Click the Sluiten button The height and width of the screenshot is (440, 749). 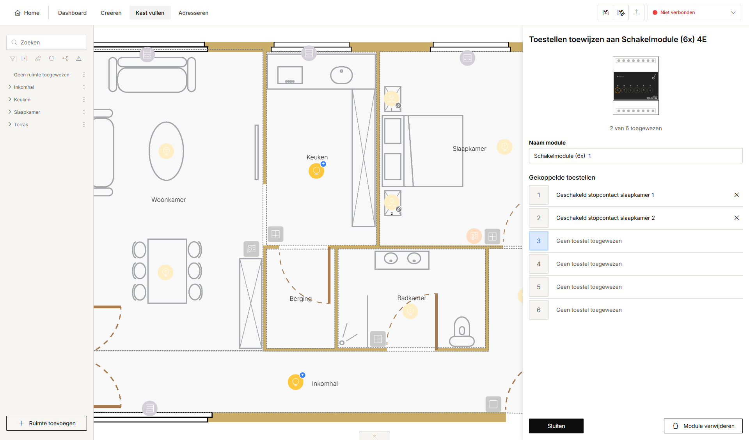pyautogui.click(x=556, y=426)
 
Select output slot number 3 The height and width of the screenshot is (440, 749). pyautogui.click(x=539, y=241)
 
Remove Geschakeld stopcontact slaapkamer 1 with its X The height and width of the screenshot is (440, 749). pyautogui.click(x=737, y=195)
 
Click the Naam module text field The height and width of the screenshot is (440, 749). pyautogui.click(x=635, y=156)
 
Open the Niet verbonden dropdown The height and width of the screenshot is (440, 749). pyautogui.click(x=694, y=12)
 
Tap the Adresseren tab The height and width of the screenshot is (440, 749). pyautogui.click(x=193, y=13)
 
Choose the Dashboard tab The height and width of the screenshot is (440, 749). pyautogui.click(x=72, y=13)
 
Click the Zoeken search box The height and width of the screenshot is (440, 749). pyautogui.click(x=46, y=42)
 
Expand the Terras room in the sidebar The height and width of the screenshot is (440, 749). pyautogui.click(x=10, y=124)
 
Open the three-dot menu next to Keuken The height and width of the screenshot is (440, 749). pyautogui.click(x=84, y=99)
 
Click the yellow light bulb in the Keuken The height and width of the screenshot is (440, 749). pyautogui.click(x=316, y=171)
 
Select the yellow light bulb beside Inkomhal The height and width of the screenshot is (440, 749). pyautogui.click(x=296, y=382)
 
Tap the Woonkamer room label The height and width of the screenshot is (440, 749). pyautogui.click(x=169, y=200)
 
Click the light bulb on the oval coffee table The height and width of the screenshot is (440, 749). pyautogui.click(x=166, y=151)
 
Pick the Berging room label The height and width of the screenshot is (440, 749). pyautogui.click(x=301, y=299)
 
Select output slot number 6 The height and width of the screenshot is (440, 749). pyautogui.click(x=539, y=310)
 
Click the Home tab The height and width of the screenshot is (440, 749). pyautogui.click(x=27, y=13)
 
